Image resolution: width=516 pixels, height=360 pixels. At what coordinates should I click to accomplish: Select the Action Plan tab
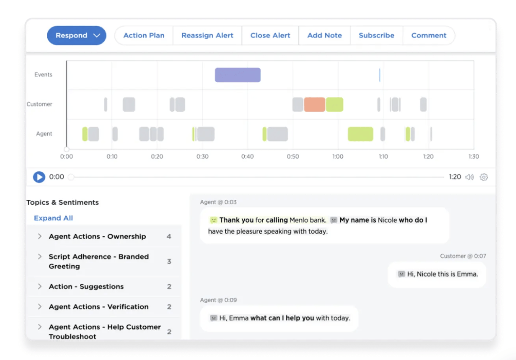pos(144,36)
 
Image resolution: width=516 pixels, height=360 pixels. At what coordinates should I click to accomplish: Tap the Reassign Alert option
pos(207,36)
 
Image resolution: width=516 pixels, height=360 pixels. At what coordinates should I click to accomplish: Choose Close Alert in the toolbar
pos(270,36)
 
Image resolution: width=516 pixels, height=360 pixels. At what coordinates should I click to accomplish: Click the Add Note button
pos(324,36)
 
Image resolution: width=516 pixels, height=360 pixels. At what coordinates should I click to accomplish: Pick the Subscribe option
pos(376,36)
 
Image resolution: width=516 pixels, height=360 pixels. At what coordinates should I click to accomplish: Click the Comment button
pos(429,36)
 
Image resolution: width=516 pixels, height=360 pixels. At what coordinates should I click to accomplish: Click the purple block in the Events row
pos(238,75)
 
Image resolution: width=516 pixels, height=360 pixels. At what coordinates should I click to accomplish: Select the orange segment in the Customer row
pos(314,104)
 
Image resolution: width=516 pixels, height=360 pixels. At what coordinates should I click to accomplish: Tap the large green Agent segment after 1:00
pos(360,134)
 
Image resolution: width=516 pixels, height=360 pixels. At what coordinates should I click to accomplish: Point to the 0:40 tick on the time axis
pos(247,156)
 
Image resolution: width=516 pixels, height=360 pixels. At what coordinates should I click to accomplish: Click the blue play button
pos(39,177)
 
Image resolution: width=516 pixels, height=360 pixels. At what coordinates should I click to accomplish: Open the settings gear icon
pos(484,177)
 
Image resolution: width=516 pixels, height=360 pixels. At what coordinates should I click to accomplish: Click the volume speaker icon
pos(469,177)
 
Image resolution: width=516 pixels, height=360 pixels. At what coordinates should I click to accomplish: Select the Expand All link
pos(53,218)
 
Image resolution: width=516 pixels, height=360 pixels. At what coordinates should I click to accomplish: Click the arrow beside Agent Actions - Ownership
pos(40,236)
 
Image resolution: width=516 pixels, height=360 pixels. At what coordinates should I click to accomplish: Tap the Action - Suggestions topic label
pos(86,287)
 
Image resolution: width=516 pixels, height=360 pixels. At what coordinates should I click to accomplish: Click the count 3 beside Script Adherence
pos(169,261)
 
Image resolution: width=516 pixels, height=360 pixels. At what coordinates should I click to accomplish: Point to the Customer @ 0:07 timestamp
pos(463,256)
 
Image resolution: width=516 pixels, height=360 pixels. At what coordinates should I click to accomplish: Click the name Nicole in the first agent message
pos(387,220)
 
